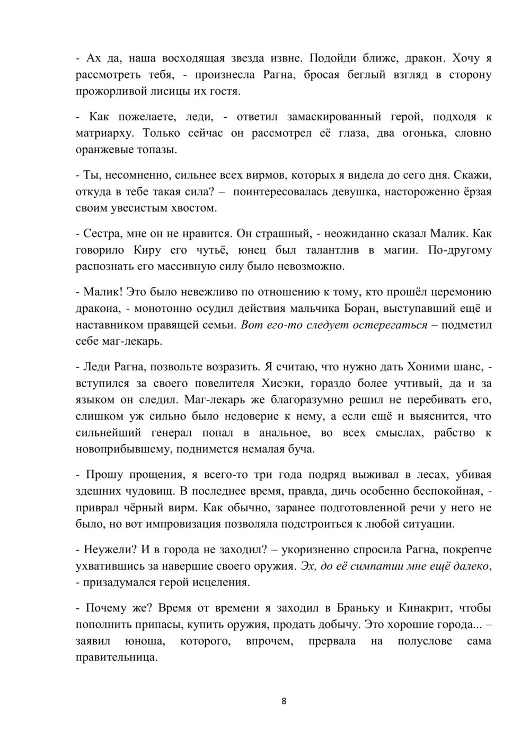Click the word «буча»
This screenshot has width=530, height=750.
point(300,450)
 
